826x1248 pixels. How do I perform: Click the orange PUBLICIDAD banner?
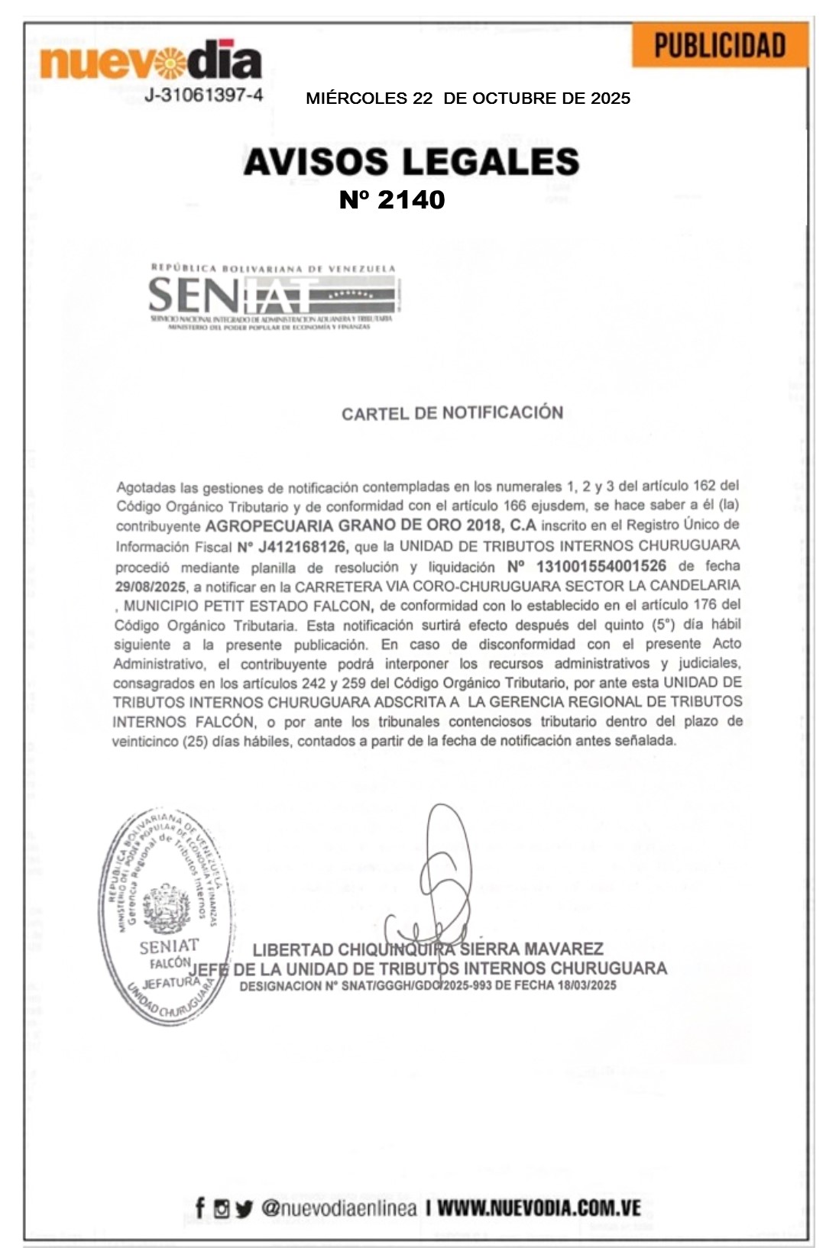click(x=719, y=45)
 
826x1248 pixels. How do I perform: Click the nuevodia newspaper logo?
click(x=151, y=60)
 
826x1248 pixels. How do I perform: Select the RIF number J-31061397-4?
click(x=204, y=95)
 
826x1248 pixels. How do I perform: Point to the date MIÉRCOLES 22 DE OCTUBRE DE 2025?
click(x=468, y=99)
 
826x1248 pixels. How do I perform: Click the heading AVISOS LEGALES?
click(x=411, y=162)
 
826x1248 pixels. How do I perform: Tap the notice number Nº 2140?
click(x=392, y=200)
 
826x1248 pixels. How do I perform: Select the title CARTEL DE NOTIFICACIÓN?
click(x=452, y=413)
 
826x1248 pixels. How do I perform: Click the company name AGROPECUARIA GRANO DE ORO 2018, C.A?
click(x=371, y=525)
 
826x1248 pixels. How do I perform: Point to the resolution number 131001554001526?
click(x=601, y=566)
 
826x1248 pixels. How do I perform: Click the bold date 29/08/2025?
click(x=151, y=587)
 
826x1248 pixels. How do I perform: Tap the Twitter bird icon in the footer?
click(x=244, y=1209)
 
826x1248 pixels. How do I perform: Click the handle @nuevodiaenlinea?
click(x=338, y=1208)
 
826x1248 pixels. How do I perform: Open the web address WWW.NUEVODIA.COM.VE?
click(x=539, y=1208)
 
